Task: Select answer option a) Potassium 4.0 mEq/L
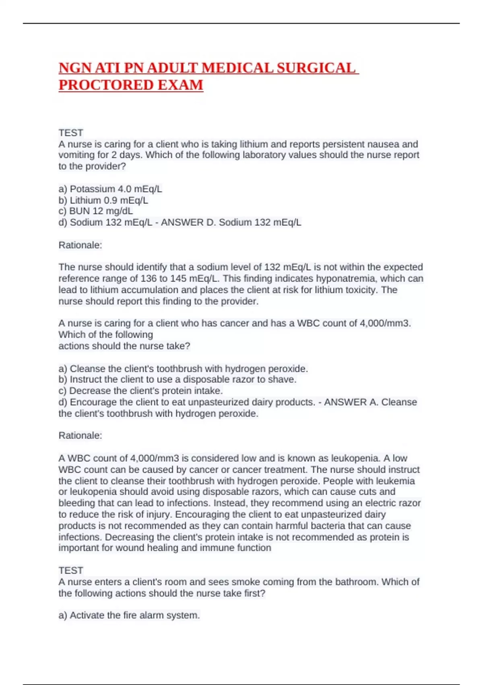pyautogui.click(x=110, y=189)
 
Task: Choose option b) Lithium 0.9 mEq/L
pyautogui.click(x=103, y=200)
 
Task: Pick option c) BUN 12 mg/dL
pyautogui.click(x=95, y=211)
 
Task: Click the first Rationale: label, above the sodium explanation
pyautogui.click(x=80, y=245)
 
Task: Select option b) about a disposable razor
pyautogui.click(x=177, y=380)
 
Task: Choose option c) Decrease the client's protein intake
pyautogui.click(x=140, y=391)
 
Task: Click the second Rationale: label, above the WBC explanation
pyautogui.click(x=80, y=436)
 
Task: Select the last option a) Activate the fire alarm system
pyautogui.click(x=129, y=615)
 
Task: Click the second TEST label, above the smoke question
pyautogui.click(x=71, y=571)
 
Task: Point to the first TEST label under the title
pyautogui.click(x=71, y=133)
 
